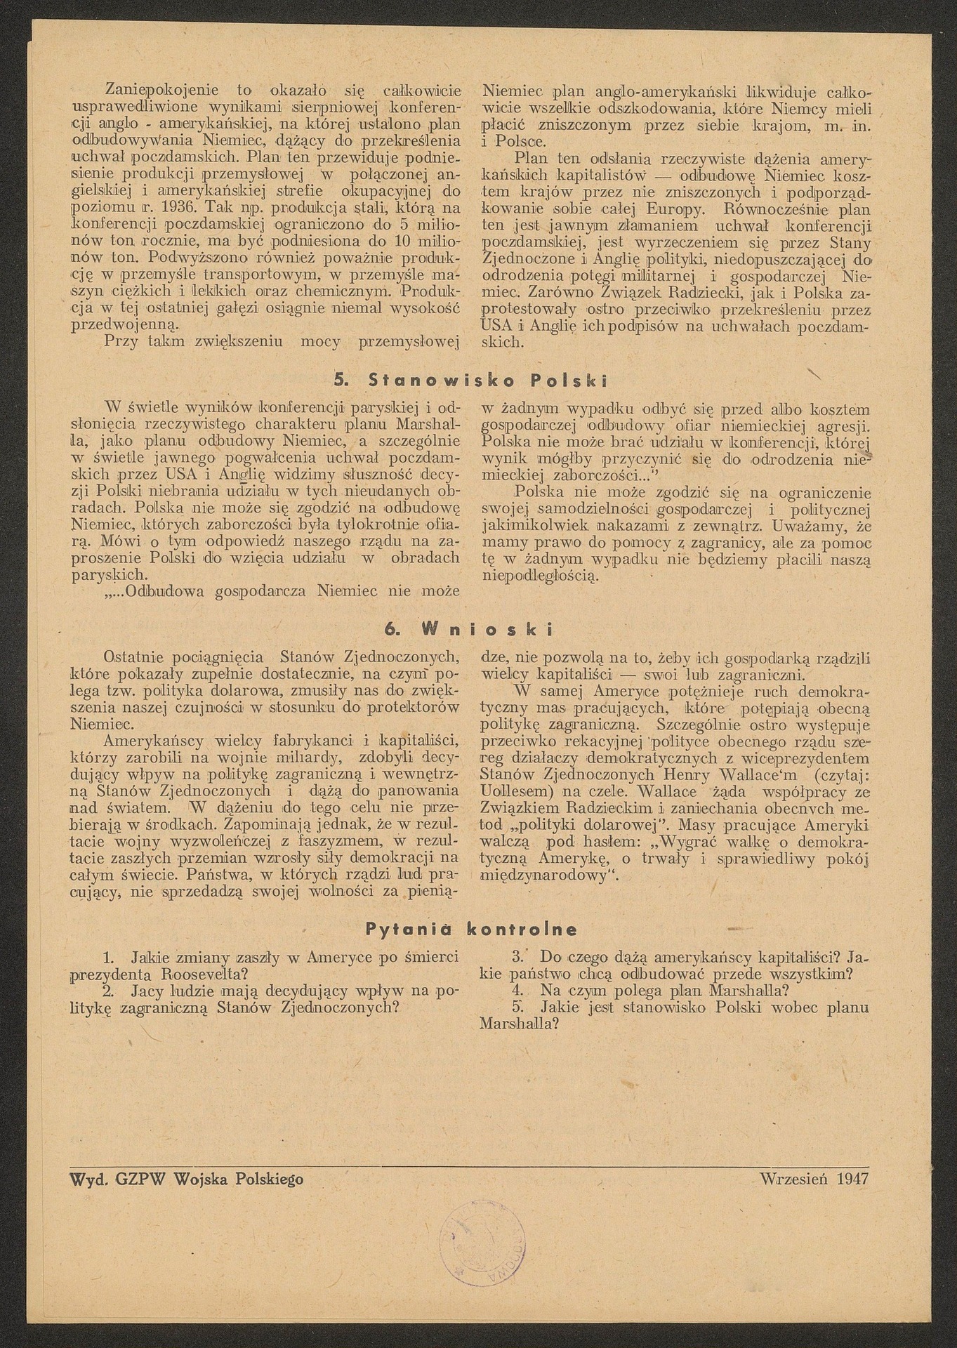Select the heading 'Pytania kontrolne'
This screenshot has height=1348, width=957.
coord(471,930)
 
